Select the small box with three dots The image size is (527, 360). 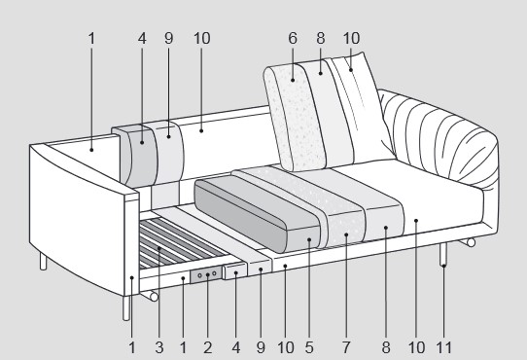206,276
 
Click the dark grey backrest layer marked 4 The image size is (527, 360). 141,156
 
